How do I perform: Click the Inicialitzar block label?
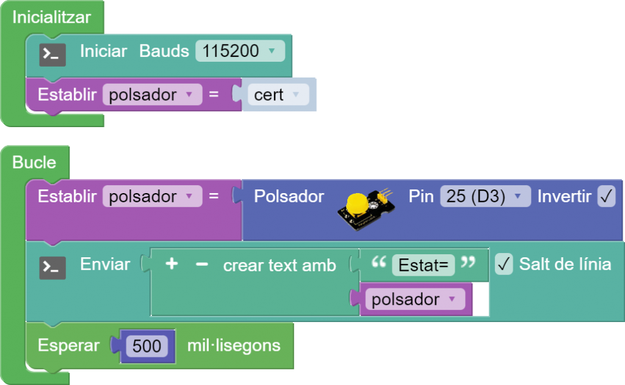pyautogui.click(x=51, y=18)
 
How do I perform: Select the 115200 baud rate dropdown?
pyautogui.click(x=240, y=51)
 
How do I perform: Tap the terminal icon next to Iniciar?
pyautogui.click(x=52, y=55)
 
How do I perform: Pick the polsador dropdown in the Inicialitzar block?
pyautogui.click(x=151, y=95)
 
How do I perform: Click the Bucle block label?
pyautogui.click(x=34, y=163)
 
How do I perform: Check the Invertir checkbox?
pyautogui.click(x=606, y=197)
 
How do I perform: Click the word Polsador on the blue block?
pyautogui.click(x=289, y=197)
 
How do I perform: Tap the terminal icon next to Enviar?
pyautogui.click(x=52, y=268)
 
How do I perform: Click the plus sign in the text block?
pyautogui.click(x=172, y=264)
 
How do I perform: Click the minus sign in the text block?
pyautogui.click(x=202, y=264)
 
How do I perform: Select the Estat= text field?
pyautogui.click(x=423, y=266)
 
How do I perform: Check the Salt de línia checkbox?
pyautogui.click(x=504, y=264)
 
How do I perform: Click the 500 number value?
pyautogui.click(x=147, y=346)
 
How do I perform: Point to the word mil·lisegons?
pyautogui.click(x=234, y=346)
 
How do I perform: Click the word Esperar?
pyautogui.click(x=68, y=346)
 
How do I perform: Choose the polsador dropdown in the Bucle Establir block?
pyautogui.click(x=151, y=197)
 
